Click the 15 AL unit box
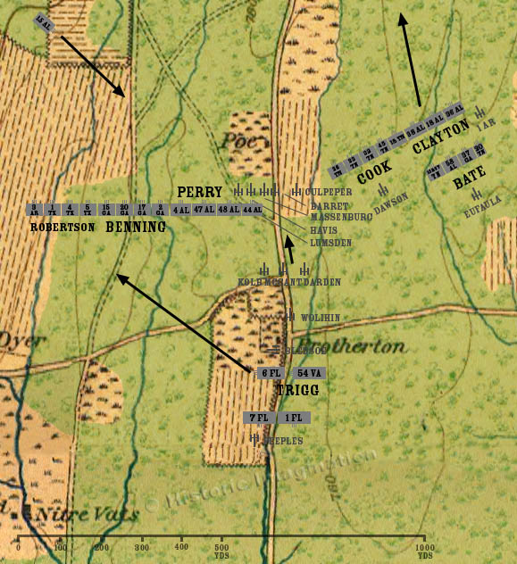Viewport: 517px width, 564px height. pos(44,21)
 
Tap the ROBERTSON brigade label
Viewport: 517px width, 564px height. pos(62,227)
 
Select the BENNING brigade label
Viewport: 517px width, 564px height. pos(137,227)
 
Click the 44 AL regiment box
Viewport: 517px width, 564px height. pos(252,210)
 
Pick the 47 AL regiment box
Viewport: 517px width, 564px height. pos(204,210)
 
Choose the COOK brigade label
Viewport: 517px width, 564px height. pos(375,172)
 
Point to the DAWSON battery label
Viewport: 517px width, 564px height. pos(391,204)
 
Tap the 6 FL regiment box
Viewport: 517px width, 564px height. pos(271,373)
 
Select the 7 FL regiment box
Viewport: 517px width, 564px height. pos(259,418)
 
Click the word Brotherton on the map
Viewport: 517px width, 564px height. pos(351,346)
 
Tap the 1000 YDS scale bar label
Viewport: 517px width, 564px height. pos(425,550)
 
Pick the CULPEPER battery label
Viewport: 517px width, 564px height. pos(329,191)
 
